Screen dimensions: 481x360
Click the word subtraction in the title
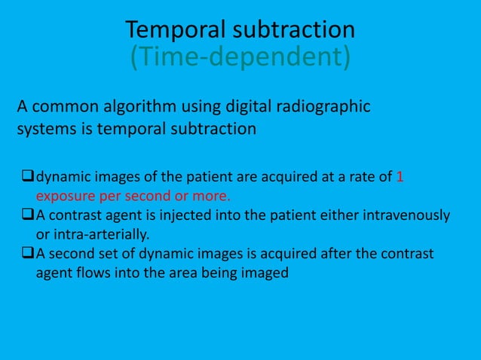point(294,29)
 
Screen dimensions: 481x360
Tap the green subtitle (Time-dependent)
point(240,56)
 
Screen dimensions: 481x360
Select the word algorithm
point(139,107)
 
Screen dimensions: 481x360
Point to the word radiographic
point(323,107)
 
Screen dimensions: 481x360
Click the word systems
point(47,129)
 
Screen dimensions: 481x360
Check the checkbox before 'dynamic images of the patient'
point(28,176)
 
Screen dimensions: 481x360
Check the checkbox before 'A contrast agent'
point(28,214)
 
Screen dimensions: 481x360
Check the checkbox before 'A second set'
point(28,253)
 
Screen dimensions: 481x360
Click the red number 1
point(400,177)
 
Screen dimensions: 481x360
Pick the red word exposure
point(66,197)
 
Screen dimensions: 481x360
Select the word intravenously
point(406,215)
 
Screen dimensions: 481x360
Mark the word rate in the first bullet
point(363,177)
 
